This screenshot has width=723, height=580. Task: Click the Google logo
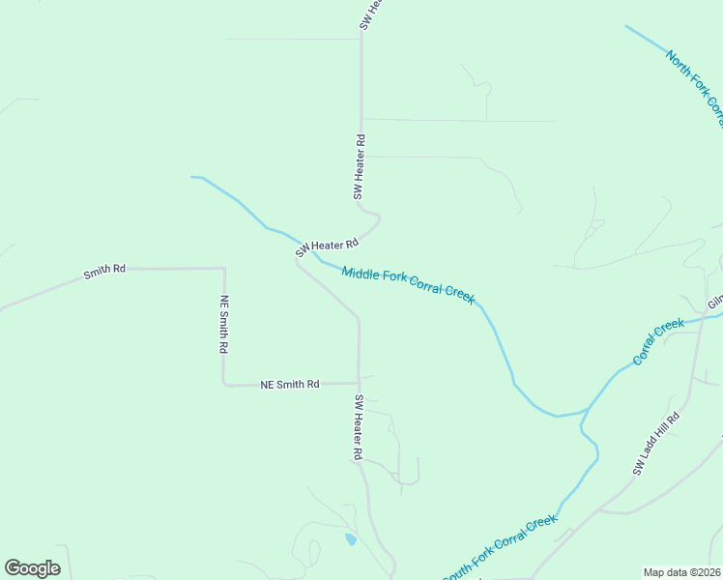[x=32, y=568]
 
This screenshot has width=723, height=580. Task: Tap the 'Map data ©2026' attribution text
[x=681, y=572]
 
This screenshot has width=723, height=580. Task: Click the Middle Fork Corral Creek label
[x=408, y=285]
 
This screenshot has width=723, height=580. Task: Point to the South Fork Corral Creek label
[x=500, y=548]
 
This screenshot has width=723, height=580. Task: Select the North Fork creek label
[x=694, y=87]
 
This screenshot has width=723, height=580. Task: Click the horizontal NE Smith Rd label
[x=290, y=385]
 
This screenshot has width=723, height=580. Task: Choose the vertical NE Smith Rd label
[x=224, y=324]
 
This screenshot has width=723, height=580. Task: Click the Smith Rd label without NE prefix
[x=104, y=273]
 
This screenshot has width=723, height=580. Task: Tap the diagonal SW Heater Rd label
[x=327, y=247]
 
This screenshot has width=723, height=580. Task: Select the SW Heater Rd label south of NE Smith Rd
[x=358, y=427]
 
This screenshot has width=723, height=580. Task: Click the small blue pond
[x=350, y=538]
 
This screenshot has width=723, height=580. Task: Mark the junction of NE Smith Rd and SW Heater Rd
[x=359, y=383]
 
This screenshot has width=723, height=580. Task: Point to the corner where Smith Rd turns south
[x=224, y=269]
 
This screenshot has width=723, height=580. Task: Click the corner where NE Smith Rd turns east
[x=225, y=385]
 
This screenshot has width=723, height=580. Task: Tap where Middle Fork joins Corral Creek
[x=584, y=412]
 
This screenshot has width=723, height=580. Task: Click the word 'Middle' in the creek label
[x=361, y=274]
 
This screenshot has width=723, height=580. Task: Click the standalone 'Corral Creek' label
[x=658, y=342]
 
